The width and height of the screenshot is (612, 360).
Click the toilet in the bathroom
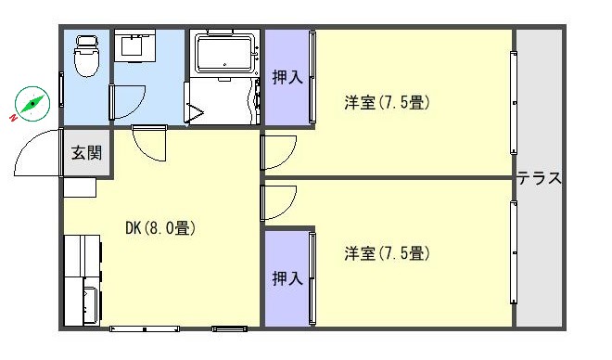86,56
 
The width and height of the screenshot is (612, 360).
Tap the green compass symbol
32,104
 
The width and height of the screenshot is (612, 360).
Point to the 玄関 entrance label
86,153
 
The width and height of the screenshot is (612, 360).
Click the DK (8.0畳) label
160,228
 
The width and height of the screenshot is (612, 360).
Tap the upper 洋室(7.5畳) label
387,103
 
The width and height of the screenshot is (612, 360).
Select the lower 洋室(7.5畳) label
387,253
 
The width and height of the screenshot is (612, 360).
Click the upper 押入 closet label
287,77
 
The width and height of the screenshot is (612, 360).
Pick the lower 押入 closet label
287,278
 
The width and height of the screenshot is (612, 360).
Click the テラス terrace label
540,178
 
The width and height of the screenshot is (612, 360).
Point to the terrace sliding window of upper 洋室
514,103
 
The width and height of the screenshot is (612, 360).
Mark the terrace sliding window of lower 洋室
514,252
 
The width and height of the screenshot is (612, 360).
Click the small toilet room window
61,89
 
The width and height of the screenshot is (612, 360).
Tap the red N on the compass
14,117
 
